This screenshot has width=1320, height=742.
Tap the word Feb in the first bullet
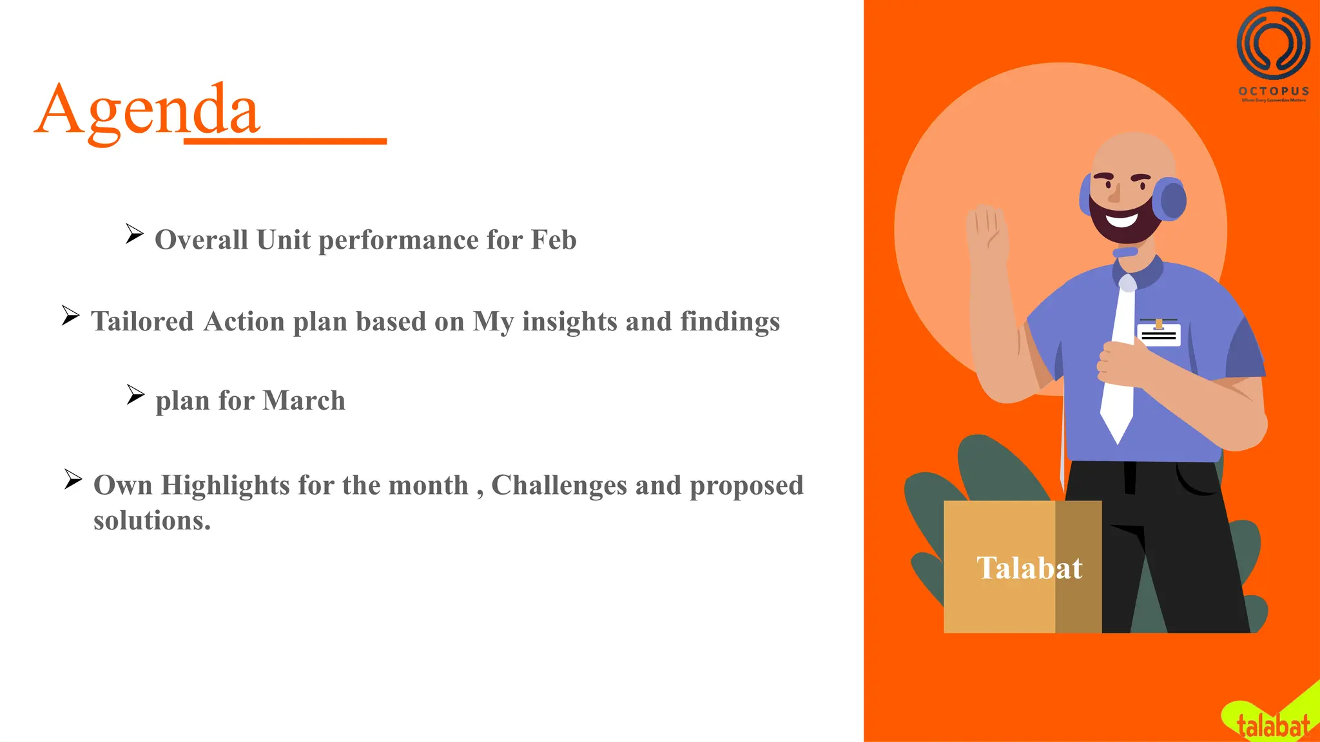point(553,240)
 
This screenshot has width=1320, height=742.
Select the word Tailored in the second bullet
point(142,321)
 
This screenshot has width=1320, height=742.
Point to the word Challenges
point(559,485)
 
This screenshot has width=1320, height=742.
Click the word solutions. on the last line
point(152,520)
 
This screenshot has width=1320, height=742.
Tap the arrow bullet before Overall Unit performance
point(134,234)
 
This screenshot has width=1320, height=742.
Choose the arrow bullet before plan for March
point(135,394)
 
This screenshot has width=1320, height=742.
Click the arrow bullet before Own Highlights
point(73,479)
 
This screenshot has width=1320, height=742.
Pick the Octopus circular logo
point(1273,43)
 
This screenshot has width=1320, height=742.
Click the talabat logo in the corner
point(1272,725)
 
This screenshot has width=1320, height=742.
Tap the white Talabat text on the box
point(1029,568)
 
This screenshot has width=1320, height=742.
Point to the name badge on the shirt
point(1158,334)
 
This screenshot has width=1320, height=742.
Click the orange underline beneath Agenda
point(285,140)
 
